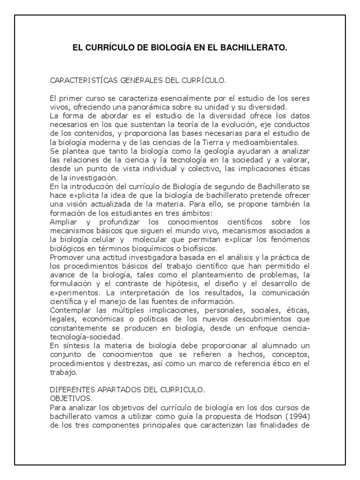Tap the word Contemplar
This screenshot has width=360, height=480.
pyautogui.click(x=69, y=309)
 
